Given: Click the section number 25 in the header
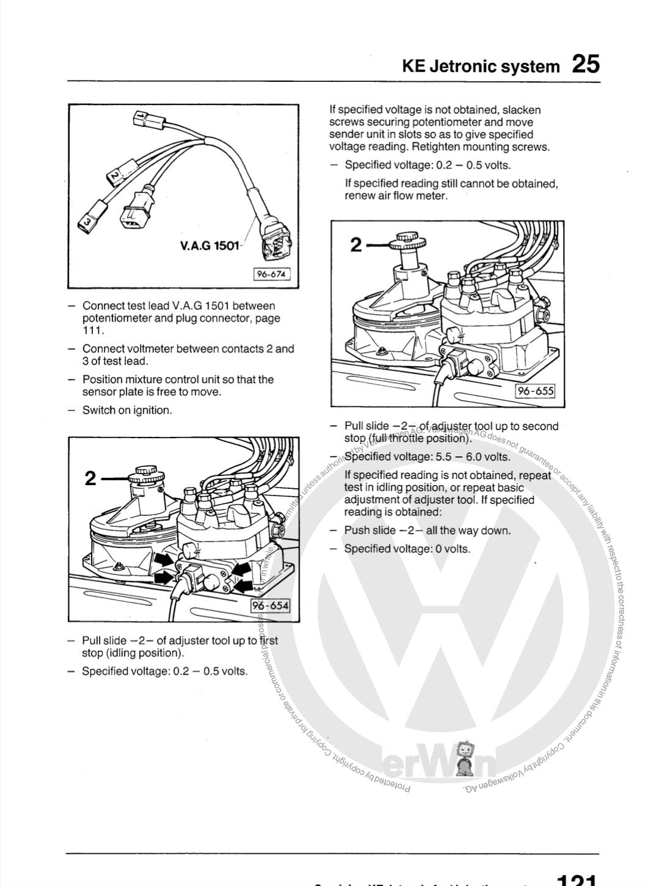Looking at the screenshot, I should tap(586, 64).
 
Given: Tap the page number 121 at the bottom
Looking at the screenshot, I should tap(576, 880).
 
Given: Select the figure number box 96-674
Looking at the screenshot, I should tap(271, 274).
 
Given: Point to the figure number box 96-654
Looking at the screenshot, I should tap(271, 606).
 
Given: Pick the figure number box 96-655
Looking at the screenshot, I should tap(536, 390).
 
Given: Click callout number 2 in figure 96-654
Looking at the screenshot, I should tap(90, 478).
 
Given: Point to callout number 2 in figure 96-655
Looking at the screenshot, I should tap(356, 245).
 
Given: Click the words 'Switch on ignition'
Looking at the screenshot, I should tap(127, 411).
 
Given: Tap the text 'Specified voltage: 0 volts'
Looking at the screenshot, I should tap(407, 549).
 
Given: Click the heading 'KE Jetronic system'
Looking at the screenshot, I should tap(480, 67).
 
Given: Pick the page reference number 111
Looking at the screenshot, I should tap(94, 331).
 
